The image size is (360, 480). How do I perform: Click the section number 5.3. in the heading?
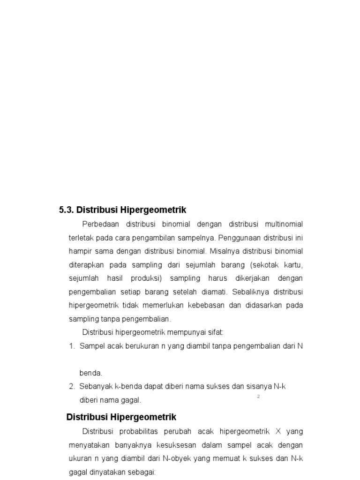(66, 210)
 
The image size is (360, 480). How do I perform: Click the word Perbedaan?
(100, 224)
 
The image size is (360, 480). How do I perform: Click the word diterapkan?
(87, 264)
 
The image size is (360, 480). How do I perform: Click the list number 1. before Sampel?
(72, 346)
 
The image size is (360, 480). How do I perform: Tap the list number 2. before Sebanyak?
(72, 387)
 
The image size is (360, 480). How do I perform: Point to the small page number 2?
(258, 397)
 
